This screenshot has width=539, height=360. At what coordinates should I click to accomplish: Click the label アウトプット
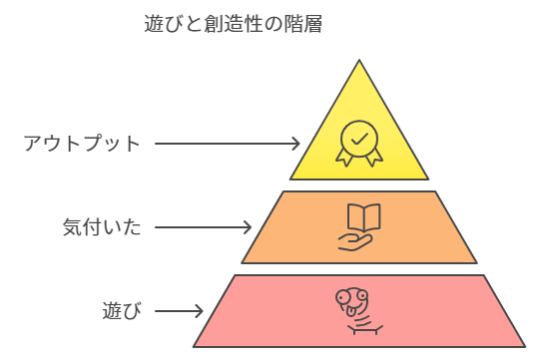click(x=83, y=143)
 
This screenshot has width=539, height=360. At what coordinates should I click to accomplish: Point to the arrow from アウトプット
click(x=227, y=143)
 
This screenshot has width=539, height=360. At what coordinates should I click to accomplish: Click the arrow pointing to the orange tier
click(x=206, y=227)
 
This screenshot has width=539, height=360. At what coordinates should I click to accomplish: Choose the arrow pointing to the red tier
click(x=180, y=311)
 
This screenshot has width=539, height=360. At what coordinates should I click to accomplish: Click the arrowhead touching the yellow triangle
click(x=295, y=143)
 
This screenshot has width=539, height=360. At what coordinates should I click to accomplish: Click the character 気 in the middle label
click(x=72, y=227)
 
